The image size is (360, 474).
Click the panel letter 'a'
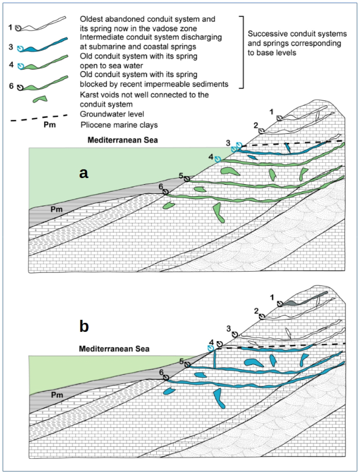click(x=84, y=174)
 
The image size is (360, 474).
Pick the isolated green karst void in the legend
click(x=39, y=99)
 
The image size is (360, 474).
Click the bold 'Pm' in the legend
click(x=47, y=124)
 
